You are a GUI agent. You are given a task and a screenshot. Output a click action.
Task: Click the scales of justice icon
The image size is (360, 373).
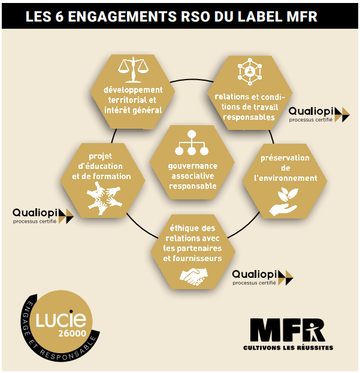pyautogui.click(x=133, y=69)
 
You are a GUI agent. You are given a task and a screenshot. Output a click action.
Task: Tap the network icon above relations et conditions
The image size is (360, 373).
pyautogui.click(x=250, y=72)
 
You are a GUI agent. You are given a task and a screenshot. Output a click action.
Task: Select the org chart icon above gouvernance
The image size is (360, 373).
pyautogui.click(x=192, y=142)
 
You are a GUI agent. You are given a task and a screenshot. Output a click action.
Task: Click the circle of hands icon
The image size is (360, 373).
pyautogui.click(x=104, y=199)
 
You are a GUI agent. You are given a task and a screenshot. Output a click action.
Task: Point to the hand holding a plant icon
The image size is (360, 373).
pyautogui.click(x=283, y=202)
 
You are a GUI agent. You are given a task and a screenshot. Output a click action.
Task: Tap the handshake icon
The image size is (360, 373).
pyautogui.click(x=193, y=277)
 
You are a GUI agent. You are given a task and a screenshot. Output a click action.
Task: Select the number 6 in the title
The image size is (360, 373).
pyautogui.click(x=59, y=17)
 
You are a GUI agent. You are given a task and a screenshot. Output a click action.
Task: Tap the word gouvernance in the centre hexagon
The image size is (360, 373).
pyautogui.click(x=193, y=166)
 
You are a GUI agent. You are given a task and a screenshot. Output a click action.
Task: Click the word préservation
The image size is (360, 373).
pyautogui.click(x=285, y=158)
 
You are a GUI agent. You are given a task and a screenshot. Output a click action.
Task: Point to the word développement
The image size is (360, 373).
pyautogui.click(x=133, y=90)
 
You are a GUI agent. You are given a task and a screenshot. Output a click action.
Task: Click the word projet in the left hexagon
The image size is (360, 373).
pyautogui.click(x=100, y=156)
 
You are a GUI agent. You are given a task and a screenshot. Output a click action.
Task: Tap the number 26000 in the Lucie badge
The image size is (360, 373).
pyautogui.click(x=72, y=333)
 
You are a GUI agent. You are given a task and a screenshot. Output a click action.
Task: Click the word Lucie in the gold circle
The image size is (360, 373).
pyautogui.click(x=61, y=319)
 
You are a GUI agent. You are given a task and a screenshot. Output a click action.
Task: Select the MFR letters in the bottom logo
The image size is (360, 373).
pyautogui.click(x=288, y=330)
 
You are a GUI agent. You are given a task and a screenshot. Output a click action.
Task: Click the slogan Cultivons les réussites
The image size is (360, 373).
pyautogui.click(x=288, y=348)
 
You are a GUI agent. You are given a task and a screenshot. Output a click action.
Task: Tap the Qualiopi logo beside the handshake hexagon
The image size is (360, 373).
pyautogui.click(x=262, y=277)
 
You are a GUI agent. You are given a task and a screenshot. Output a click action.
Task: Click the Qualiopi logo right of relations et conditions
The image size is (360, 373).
pyautogui.click(x=319, y=115)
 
